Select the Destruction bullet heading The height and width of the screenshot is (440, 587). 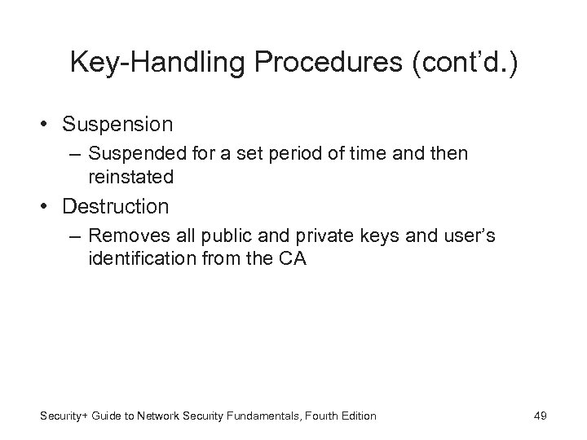click(117, 206)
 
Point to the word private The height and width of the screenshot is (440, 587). click(295, 235)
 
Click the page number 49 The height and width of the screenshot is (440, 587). click(540, 416)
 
